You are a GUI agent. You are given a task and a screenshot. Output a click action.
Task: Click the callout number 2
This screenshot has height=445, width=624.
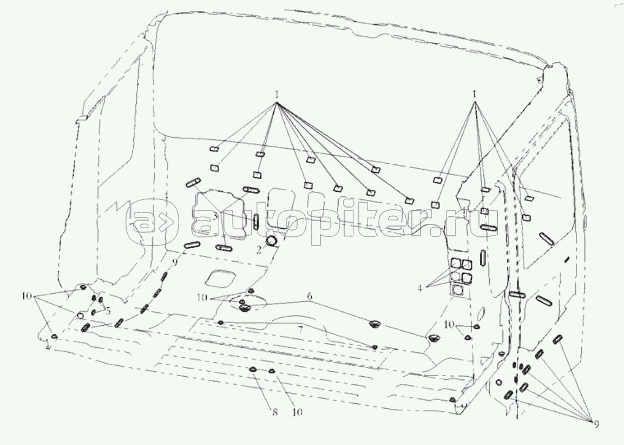[x=259, y=250]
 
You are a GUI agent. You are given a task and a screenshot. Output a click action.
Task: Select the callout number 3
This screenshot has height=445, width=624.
[x=214, y=216]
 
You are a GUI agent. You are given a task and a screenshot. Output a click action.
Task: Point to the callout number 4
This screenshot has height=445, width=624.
[x=420, y=287]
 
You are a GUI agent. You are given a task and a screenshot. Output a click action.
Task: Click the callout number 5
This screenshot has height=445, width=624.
[x=108, y=311]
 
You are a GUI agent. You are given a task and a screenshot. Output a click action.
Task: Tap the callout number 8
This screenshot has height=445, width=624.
[x=274, y=412]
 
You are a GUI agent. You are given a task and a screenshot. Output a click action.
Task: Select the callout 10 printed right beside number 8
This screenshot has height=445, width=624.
[x=298, y=412]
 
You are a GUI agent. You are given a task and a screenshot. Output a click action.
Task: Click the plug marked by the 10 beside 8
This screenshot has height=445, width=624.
[x=271, y=371]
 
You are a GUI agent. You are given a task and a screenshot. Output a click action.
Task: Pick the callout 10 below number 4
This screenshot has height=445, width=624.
[x=449, y=325]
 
